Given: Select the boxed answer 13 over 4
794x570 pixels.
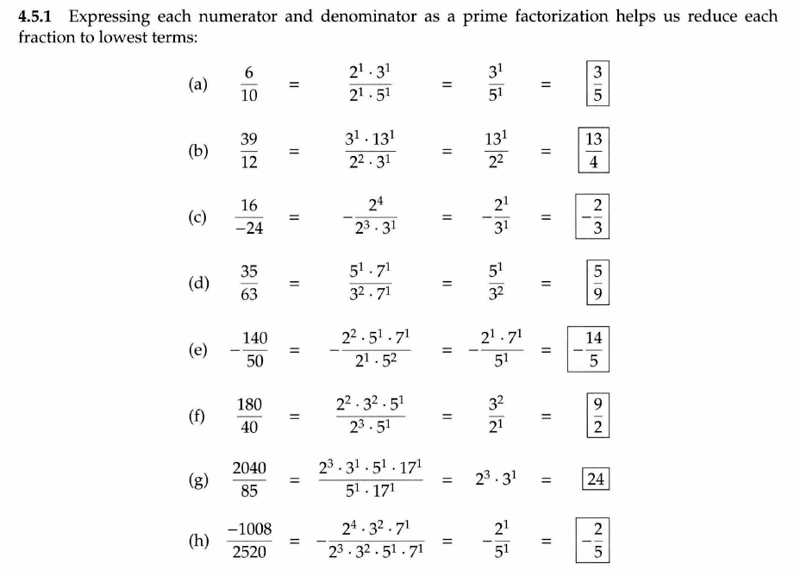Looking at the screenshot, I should point(593,151).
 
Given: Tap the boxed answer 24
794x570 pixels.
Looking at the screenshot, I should point(595,479).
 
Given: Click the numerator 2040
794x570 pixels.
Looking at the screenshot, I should point(249,468).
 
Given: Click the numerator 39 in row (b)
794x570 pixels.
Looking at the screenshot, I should point(249,139).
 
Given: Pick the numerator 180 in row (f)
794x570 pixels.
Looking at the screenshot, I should point(249,404).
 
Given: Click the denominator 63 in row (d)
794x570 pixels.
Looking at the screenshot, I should point(249,295).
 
